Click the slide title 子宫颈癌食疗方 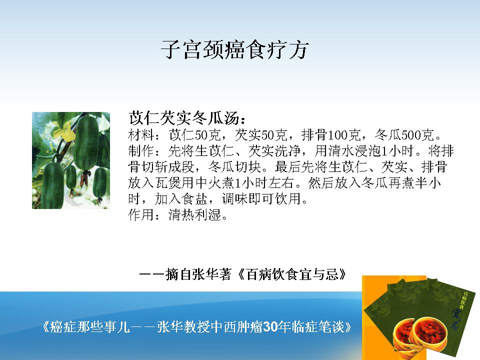point(234,49)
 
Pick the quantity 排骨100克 point(331,134)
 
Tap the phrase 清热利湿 point(194,214)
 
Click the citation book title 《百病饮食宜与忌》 point(292,274)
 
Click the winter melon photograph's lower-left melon point(52,185)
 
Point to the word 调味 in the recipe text point(235,198)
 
